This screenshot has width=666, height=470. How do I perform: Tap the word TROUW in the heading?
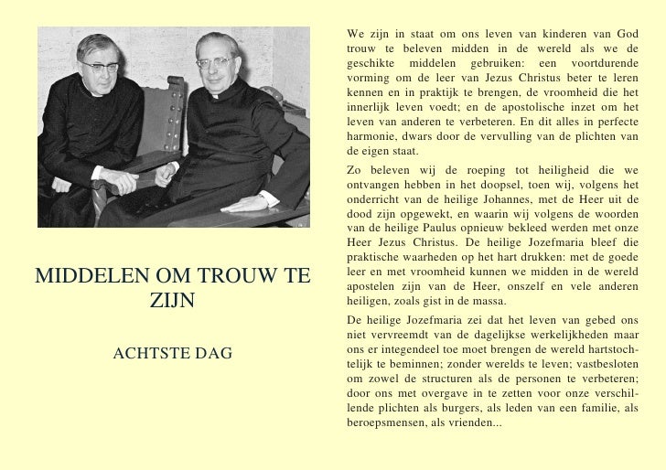pyautogui.click(x=235, y=273)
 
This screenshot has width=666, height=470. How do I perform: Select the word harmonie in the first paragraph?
pyautogui.click(x=373, y=136)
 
